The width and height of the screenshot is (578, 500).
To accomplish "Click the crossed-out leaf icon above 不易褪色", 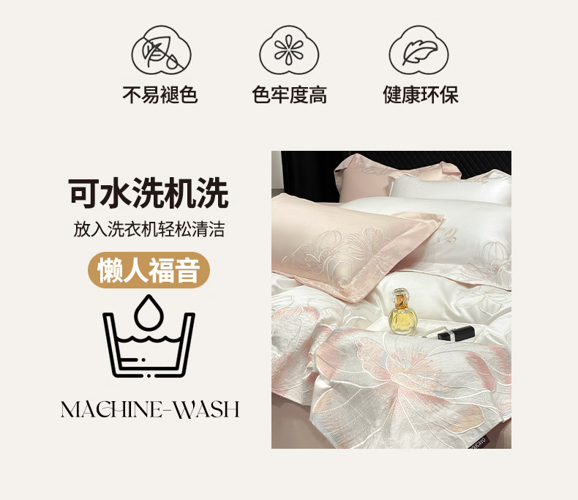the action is pyautogui.click(x=162, y=51).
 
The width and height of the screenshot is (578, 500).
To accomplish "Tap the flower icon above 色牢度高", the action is pyautogui.click(x=289, y=51).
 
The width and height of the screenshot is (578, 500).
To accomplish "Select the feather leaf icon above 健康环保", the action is pyautogui.click(x=419, y=51).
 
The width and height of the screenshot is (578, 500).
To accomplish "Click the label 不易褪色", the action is pyautogui.click(x=160, y=94).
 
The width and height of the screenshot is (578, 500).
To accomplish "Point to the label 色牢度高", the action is pyautogui.click(x=290, y=94).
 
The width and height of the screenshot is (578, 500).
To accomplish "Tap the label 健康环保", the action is pyautogui.click(x=421, y=94).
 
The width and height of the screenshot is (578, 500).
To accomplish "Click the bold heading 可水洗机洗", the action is pyautogui.click(x=149, y=193).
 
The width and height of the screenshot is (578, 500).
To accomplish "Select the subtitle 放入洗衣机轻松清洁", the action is pyautogui.click(x=149, y=229).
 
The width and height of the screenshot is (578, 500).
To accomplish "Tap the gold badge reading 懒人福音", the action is pyautogui.click(x=149, y=270).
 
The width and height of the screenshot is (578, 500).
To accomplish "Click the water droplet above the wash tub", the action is pyautogui.click(x=149, y=313).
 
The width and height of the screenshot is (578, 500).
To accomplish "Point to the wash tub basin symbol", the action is pyautogui.click(x=149, y=345).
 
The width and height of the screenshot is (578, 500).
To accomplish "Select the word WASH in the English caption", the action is pyautogui.click(x=207, y=409).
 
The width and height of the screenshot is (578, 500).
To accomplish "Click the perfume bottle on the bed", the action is pyautogui.click(x=402, y=312).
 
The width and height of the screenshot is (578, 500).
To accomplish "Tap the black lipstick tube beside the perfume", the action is pyautogui.click(x=456, y=332).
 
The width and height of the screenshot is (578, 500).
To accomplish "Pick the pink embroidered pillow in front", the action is pyautogui.click(x=356, y=245).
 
